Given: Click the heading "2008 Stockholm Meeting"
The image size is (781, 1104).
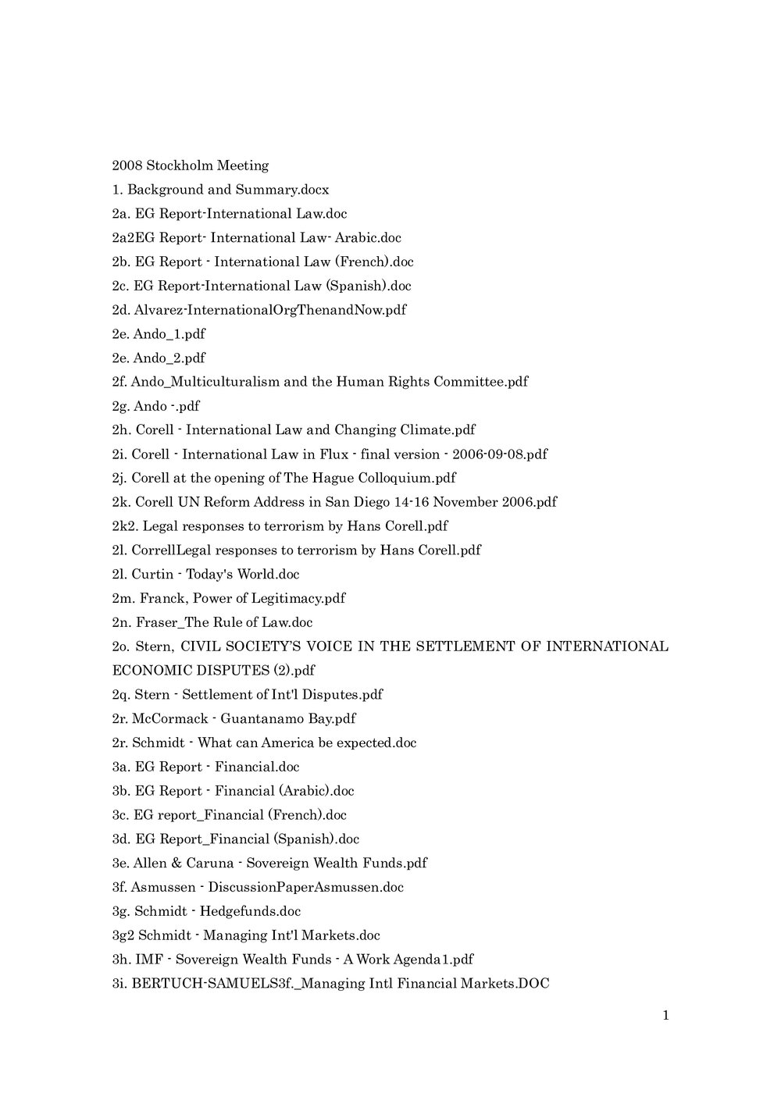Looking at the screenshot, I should tap(191, 166).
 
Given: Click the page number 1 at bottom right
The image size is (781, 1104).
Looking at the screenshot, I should tap(665, 1016).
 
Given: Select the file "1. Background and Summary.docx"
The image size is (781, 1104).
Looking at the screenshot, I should tap(220, 190).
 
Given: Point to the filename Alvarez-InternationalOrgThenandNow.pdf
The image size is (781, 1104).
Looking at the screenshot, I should tap(270, 310).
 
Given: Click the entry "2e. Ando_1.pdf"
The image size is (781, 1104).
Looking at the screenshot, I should tap(159, 334).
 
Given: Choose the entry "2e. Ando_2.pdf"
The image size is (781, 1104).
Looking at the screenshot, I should tap(159, 358).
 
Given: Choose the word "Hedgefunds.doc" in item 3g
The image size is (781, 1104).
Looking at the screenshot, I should tap(251, 911).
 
